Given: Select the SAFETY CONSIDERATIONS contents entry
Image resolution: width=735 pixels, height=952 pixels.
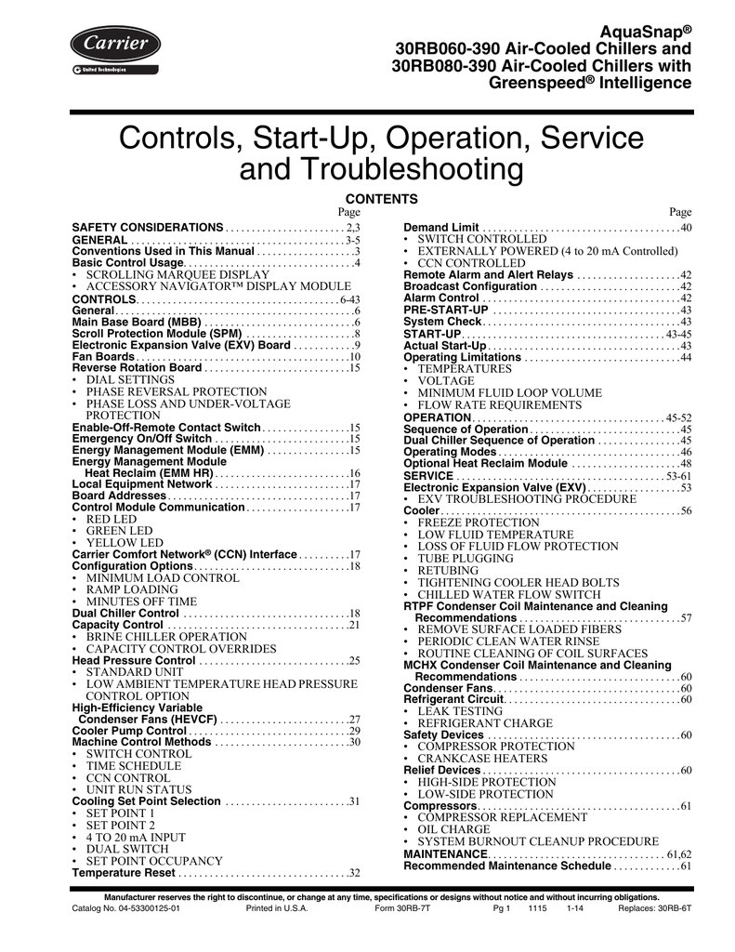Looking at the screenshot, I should (x=148, y=228).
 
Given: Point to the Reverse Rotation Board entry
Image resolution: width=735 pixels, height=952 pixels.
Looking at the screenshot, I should (x=137, y=368).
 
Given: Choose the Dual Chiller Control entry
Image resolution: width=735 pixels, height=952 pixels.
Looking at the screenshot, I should (x=125, y=614).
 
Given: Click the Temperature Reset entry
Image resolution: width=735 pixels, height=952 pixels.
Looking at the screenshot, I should (x=124, y=873).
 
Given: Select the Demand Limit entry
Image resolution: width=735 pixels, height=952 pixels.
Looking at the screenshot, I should (x=441, y=228).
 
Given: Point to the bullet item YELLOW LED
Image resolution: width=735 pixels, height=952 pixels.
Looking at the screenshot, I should (x=125, y=543).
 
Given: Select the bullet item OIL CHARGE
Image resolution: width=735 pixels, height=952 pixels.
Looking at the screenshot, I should (x=453, y=828).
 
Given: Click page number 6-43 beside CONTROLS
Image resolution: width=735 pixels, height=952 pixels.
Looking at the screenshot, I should (x=348, y=298).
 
